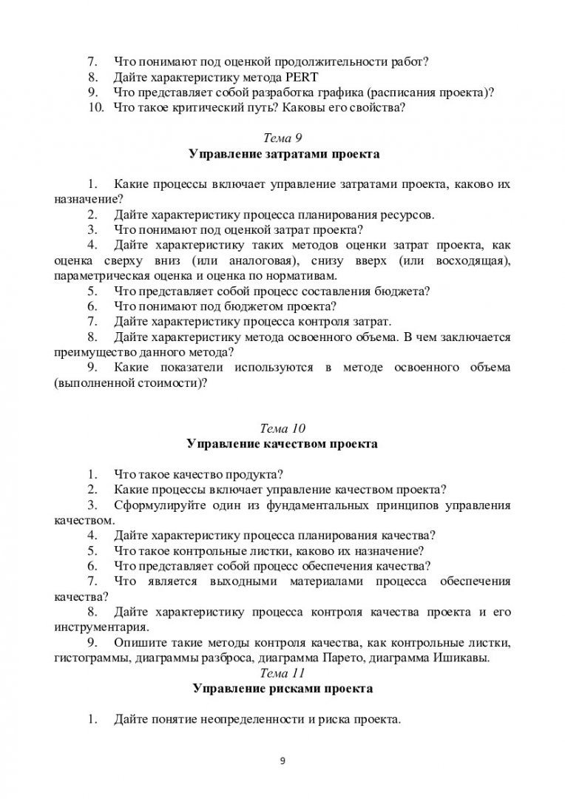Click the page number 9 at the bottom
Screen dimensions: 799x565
tap(282, 761)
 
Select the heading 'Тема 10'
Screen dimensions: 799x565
tap(282, 428)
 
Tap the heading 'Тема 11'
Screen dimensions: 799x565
tap(282, 672)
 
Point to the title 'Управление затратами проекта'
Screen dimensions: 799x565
tap(282, 155)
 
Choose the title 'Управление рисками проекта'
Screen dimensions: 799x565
tap(282, 689)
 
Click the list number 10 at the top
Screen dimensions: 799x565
tap(94, 108)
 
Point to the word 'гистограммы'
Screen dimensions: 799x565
tap(89, 657)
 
